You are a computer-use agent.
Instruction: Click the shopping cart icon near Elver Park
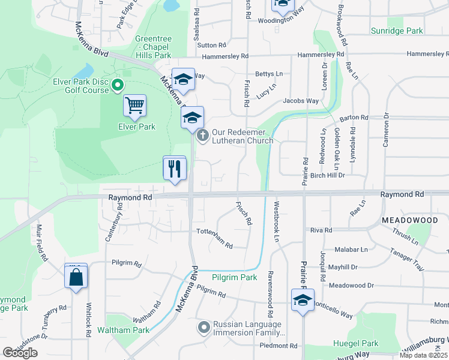134,106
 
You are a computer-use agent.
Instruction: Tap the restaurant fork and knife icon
175,168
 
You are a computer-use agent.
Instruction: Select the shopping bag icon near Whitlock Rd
76,277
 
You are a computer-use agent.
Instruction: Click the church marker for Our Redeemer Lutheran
203,135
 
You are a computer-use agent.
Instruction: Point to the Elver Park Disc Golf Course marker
118,85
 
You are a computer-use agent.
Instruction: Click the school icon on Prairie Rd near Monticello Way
303,301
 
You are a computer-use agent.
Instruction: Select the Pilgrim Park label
234,277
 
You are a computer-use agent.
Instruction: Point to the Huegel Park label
356,344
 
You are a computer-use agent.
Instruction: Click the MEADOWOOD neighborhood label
410,221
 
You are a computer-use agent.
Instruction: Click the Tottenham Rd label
215,236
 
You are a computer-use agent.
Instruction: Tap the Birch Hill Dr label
328,176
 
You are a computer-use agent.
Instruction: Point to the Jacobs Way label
301,101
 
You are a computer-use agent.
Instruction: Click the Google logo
20,353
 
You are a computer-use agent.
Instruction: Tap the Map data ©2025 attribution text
423,355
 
